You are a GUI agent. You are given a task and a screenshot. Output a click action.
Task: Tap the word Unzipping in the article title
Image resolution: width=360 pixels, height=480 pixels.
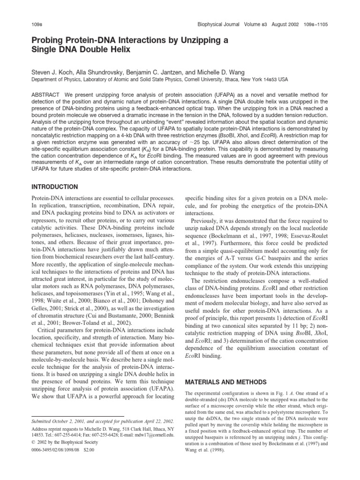[x=191, y=40]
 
